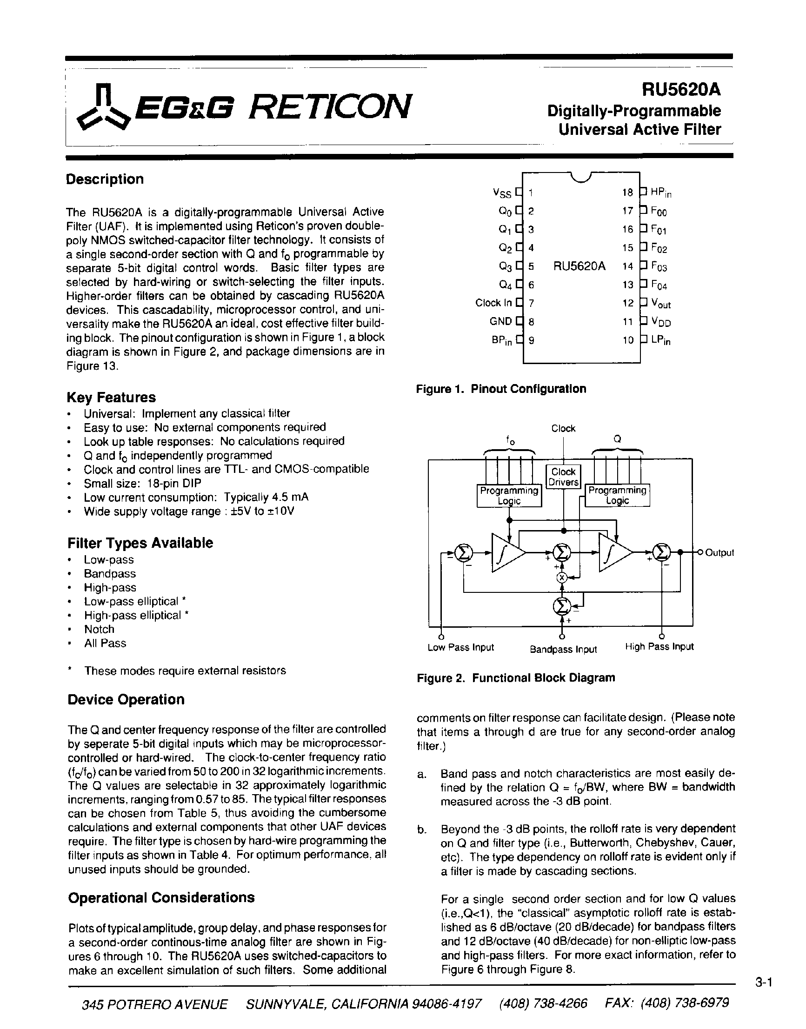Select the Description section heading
click(x=105, y=179)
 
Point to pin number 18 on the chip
click(x=627, y=193)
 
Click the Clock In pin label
click(x=493, y=303)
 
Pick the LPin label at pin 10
click(x=660, y=340)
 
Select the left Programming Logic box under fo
click(x=509, y=495)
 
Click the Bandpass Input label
click(x=563, y=649)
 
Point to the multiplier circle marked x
click(x=561, y=577)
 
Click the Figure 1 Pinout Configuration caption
click(x=501, y=389)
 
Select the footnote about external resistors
click(x=185, y=671)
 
